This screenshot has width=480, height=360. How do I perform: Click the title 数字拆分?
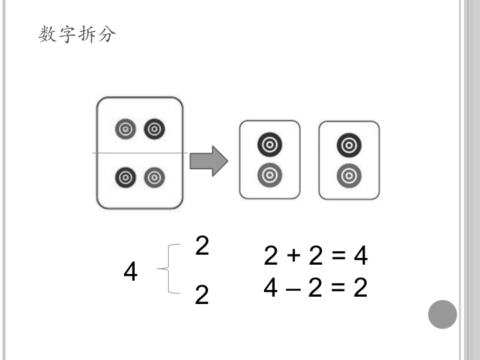click(x=77, y=34)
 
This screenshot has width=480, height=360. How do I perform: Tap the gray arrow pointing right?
click(x=209, y=161)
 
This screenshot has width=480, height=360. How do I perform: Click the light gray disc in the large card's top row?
click(x=125, y=129)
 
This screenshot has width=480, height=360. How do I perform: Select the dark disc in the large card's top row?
click(x=155, y=129)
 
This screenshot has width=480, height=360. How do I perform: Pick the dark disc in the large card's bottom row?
click(x=125, y=177)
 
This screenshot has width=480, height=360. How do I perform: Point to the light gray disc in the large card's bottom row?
click(x=155, y=177)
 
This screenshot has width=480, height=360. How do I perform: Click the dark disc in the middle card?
click(x=270, y=145)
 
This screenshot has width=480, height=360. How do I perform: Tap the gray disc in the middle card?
click(x=270, y=175)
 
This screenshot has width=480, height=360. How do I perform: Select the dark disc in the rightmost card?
click(x=349, y=145)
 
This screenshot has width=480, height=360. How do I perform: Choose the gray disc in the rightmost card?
click(x=349, y=176)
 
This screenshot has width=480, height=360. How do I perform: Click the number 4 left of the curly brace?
click(x=131, y=271)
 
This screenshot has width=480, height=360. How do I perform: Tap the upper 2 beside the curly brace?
click(x=202, y=245)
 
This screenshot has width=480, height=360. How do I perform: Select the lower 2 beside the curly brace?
click(x=202, y=294)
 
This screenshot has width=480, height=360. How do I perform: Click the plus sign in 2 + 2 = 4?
click(x=293, y=255)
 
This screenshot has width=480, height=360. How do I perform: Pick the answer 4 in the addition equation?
click(x=361, y=255)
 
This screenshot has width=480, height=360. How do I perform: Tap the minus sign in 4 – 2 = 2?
click(x=293, y=289)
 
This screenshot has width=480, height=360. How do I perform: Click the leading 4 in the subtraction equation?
click(x=271, y=287)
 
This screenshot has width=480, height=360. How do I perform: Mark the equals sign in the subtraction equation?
click(x=338, y=287)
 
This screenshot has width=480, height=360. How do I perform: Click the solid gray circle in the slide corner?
click(x=443, y=315)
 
